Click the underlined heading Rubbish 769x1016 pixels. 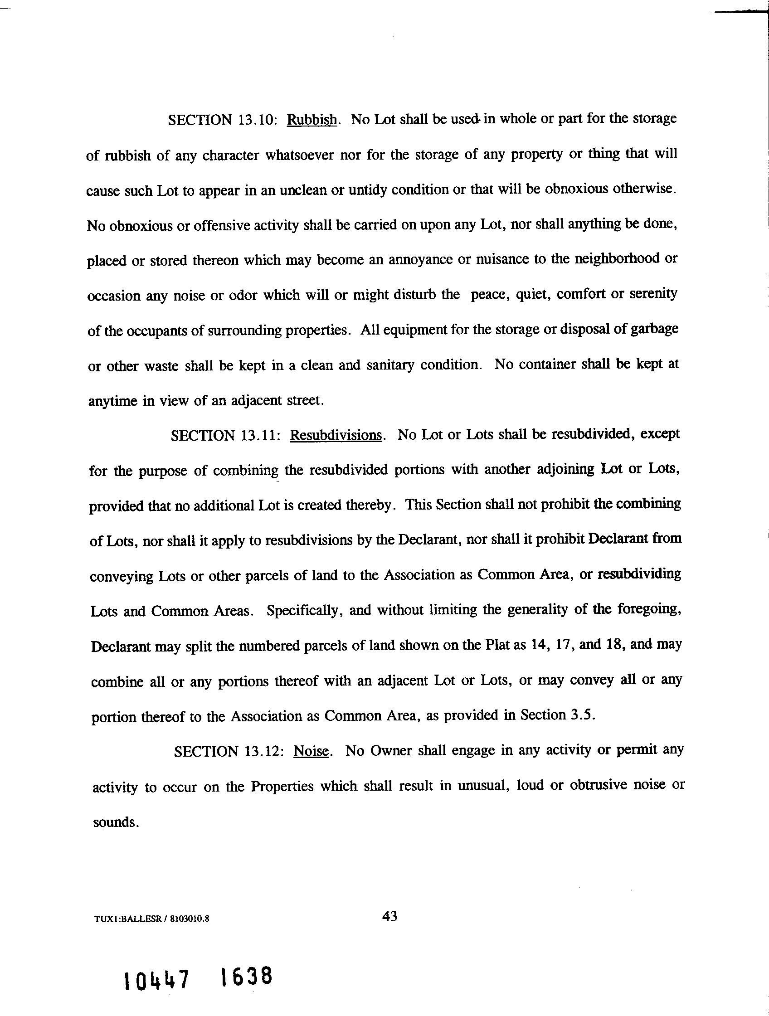click(312, 120)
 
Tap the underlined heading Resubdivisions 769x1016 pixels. click(336, 435)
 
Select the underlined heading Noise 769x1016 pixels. click(311, 751)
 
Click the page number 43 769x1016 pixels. click(389, 916)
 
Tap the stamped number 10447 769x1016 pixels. click(156, 979)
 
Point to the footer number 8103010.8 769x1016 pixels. click(190, 919)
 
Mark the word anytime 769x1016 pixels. click(112, 401)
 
